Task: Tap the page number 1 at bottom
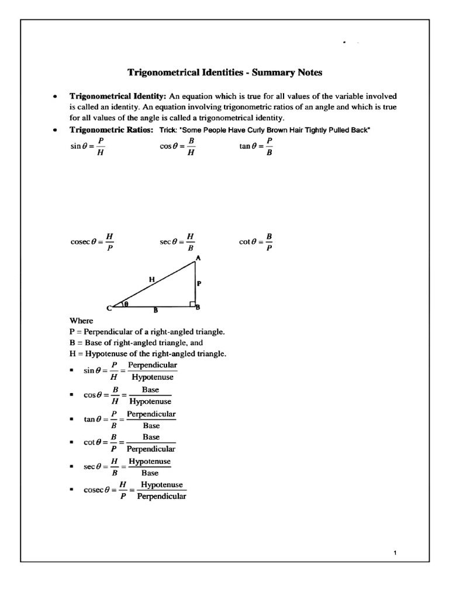tap(396, 553)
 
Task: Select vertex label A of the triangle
tap(198, 257)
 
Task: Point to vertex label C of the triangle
tap(109, 308)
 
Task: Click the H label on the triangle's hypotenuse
tap(151, 280)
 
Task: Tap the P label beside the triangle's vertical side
tap(199, 283)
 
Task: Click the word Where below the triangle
tap(81, 321)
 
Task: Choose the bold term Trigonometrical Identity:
tap(118, 95)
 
